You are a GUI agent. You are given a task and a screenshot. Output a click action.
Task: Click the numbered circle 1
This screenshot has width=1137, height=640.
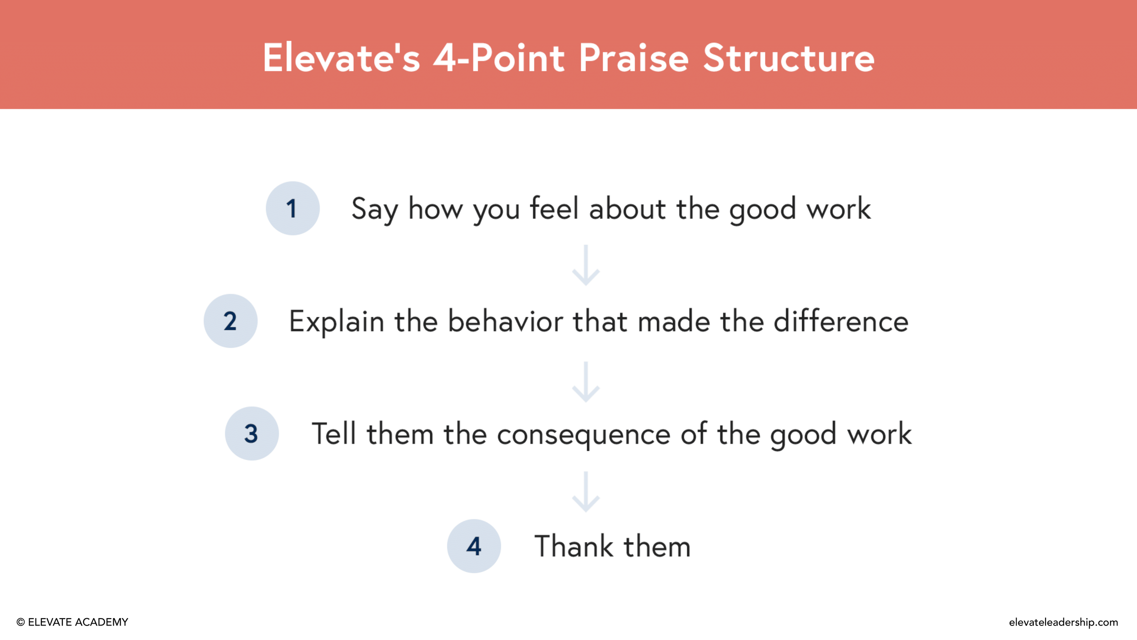tap(292, 208)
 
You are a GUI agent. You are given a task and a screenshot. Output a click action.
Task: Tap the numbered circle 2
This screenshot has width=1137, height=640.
tap(230, 321)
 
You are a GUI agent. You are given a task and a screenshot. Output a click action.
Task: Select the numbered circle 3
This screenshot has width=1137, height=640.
tap(252, 433)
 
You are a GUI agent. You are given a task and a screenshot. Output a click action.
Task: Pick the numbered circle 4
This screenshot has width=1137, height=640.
tap(473, 546)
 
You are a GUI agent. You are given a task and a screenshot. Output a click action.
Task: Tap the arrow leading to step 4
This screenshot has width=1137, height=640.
tap(586, 492)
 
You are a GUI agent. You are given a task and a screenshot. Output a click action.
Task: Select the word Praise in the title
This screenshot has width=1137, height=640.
tap(634, 58)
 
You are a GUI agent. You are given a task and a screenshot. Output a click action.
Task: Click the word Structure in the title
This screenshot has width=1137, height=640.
tap(788, 58)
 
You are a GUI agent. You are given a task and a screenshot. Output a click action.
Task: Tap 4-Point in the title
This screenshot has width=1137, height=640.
tap(498, 58)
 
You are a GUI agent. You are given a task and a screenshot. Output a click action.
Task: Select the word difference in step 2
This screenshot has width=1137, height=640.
tap(840, 321)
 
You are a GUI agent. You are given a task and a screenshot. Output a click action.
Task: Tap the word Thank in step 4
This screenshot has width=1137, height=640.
tap(574, 546)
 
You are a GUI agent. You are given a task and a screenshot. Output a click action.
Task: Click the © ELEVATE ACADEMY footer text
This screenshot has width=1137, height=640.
tap(72, 622)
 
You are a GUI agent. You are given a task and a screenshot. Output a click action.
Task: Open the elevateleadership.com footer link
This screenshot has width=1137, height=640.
tap(1063, 622)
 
